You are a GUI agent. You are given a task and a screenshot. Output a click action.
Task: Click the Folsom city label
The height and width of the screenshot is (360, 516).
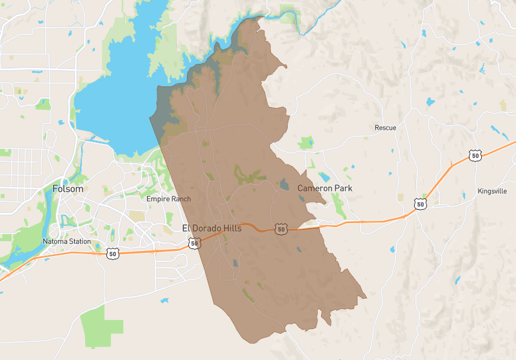point(67,189)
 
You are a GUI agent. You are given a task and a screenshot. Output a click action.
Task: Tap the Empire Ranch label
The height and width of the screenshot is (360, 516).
point(168,199)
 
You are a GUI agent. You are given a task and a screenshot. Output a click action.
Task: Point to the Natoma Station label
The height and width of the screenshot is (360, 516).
point(66,241)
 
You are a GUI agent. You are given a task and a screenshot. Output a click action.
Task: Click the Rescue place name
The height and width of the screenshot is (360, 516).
point(385,128)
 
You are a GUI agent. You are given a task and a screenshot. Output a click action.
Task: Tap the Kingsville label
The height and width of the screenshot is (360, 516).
point(492,192)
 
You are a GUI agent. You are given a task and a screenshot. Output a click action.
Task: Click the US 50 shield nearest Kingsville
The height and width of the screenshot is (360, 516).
point(421,204)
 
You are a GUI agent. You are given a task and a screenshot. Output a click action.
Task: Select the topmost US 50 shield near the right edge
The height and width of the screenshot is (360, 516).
point(475,155)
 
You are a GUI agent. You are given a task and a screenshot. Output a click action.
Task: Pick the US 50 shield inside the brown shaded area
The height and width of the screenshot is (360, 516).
point(280,229)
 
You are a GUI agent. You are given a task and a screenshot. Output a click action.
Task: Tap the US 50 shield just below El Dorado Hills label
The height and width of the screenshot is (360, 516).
point(193,243)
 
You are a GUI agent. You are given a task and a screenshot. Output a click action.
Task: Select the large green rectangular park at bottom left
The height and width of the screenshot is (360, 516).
point(101,325)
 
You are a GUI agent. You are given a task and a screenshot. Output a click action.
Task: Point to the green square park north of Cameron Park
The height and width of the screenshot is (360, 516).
point(306,143)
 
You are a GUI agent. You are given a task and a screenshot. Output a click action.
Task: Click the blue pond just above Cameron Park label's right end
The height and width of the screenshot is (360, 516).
point(324,176)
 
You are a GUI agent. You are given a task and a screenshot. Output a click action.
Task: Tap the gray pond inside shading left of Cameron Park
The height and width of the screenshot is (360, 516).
point(284,185)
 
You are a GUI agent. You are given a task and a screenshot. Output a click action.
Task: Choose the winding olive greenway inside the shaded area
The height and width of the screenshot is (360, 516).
point(248,174)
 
